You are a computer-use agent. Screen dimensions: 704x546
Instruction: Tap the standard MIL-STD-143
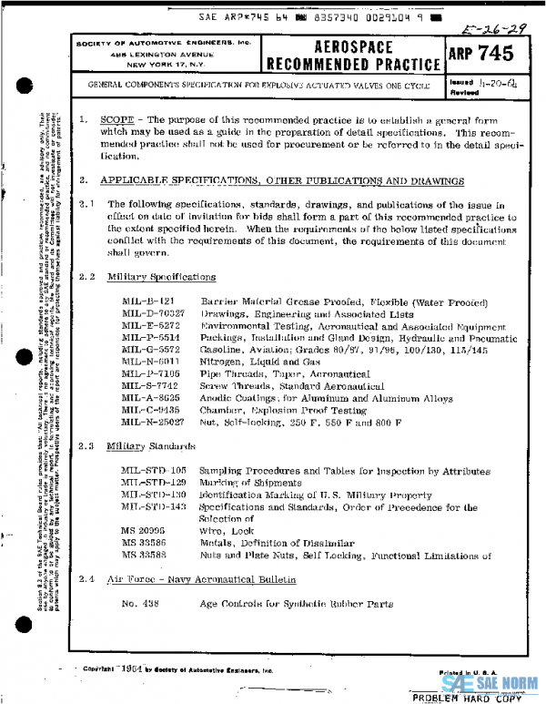[x=153, y=505]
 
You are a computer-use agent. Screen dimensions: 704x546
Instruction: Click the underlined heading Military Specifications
[x=161, y=277]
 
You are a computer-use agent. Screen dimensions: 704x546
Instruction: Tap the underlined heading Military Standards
[x=150, y=446]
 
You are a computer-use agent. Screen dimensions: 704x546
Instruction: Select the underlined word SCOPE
[x=116, y=120]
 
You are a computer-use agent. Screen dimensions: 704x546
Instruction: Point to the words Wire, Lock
[x=225, y=530]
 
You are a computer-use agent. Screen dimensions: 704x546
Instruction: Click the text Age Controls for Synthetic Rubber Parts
[x=296, y=604]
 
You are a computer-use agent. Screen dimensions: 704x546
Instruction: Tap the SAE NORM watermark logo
[x=490, y=682]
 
